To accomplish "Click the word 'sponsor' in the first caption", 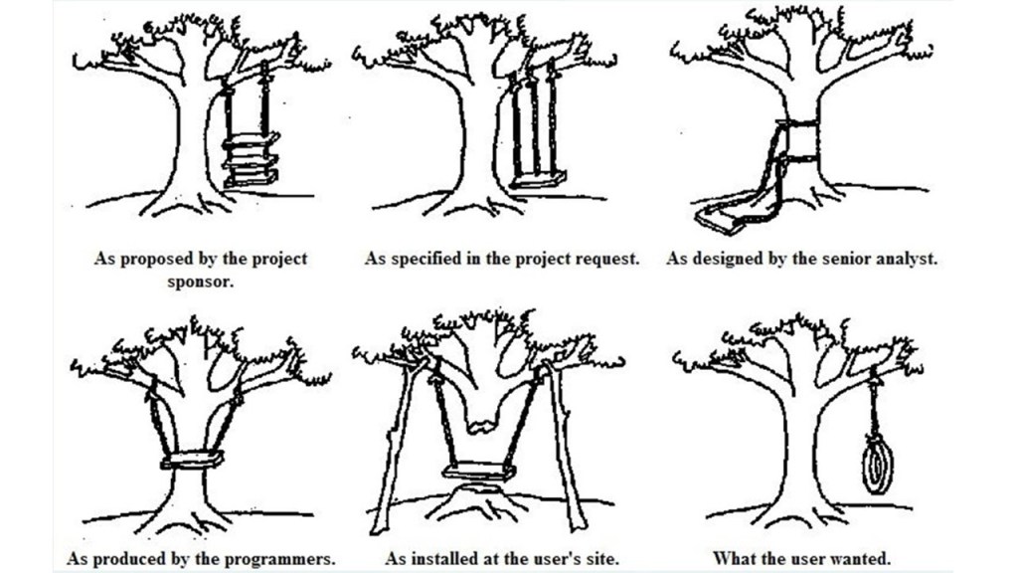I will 201,281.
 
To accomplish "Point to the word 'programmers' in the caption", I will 280,558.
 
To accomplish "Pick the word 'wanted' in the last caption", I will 861,558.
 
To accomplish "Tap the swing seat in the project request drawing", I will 538,179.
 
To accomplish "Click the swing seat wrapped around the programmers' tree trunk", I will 193,461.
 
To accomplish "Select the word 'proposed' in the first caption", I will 146,259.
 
